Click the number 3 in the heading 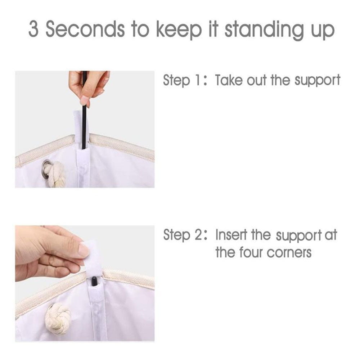(x=33, y=29)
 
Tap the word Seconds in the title (x=85, y=29)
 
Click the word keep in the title (x=179, y=31)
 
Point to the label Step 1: (x=185, y=80)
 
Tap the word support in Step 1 (x=318, y=81)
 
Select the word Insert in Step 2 (x=231, y=235)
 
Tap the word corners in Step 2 (x=289, y=253)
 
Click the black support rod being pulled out (x=84, y=110)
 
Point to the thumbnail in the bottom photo (x=84, y=250)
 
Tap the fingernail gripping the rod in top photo (x=84, y=100)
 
